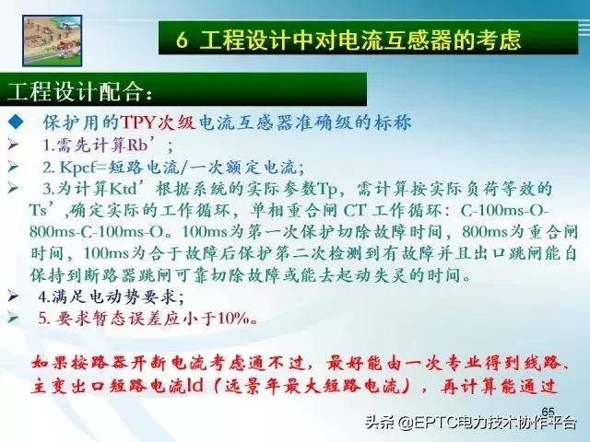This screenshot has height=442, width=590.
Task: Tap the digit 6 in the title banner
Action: (x=183, y=41)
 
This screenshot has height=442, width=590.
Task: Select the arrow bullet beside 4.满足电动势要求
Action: (x=13, y=297)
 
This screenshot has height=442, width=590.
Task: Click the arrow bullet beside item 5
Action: (x=13, y=319)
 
